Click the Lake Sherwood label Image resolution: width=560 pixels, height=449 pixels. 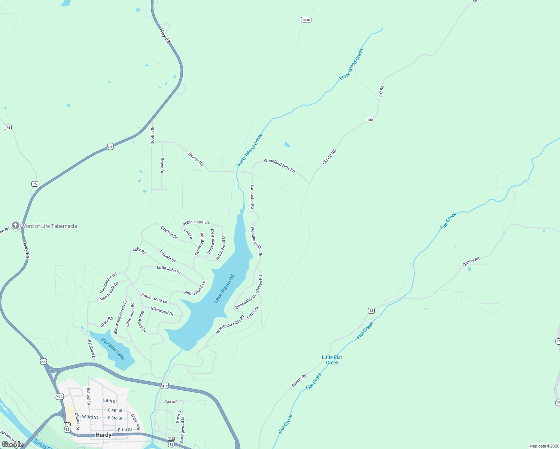pos(224,288)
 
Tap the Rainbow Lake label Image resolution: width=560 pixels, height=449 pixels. pos(113,349)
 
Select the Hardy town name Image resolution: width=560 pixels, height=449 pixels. pos(103,435)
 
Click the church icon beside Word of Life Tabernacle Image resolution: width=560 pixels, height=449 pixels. pos(15,226)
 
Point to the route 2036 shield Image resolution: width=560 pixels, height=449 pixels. pos(306,20)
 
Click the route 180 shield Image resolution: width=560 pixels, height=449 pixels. pos(370,120)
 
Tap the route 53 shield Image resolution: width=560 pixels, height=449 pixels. pos(371,311)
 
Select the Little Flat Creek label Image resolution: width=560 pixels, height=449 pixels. pos(332,360)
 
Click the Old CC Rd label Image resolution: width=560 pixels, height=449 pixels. pos(329,157)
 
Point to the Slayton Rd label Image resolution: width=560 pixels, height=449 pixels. pos(195,159)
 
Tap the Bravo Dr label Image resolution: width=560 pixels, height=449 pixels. pos(162,165)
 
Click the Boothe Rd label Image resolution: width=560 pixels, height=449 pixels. pos(153,135)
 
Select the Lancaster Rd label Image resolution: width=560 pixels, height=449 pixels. pos(253,196)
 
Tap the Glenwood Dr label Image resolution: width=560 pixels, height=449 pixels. pos(162,311)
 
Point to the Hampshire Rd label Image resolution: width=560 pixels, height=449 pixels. pos(108,283)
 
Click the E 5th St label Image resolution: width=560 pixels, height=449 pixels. pos(110,401)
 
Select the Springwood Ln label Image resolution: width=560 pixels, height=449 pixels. pos(182,429)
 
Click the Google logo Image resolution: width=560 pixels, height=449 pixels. pos(13,444)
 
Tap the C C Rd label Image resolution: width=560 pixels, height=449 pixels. pos(381,92)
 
